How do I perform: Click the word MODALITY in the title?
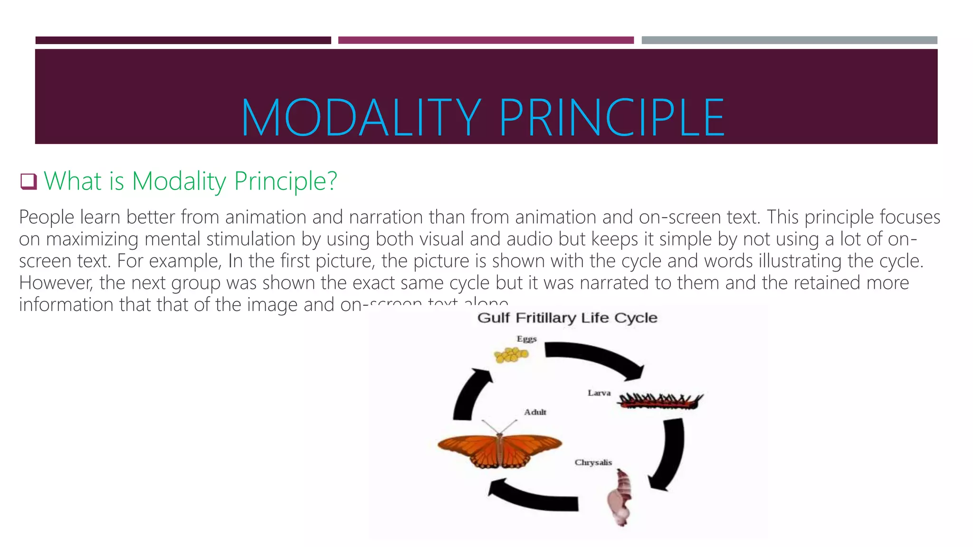361,118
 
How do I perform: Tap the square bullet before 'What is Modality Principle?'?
29,181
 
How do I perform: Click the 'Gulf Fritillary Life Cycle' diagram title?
567,318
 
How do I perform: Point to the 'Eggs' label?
526,339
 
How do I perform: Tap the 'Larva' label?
599,393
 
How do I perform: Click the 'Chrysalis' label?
593,462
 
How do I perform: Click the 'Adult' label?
535,412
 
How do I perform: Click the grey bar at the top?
789,40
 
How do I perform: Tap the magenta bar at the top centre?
486,40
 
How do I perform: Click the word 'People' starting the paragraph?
47,217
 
